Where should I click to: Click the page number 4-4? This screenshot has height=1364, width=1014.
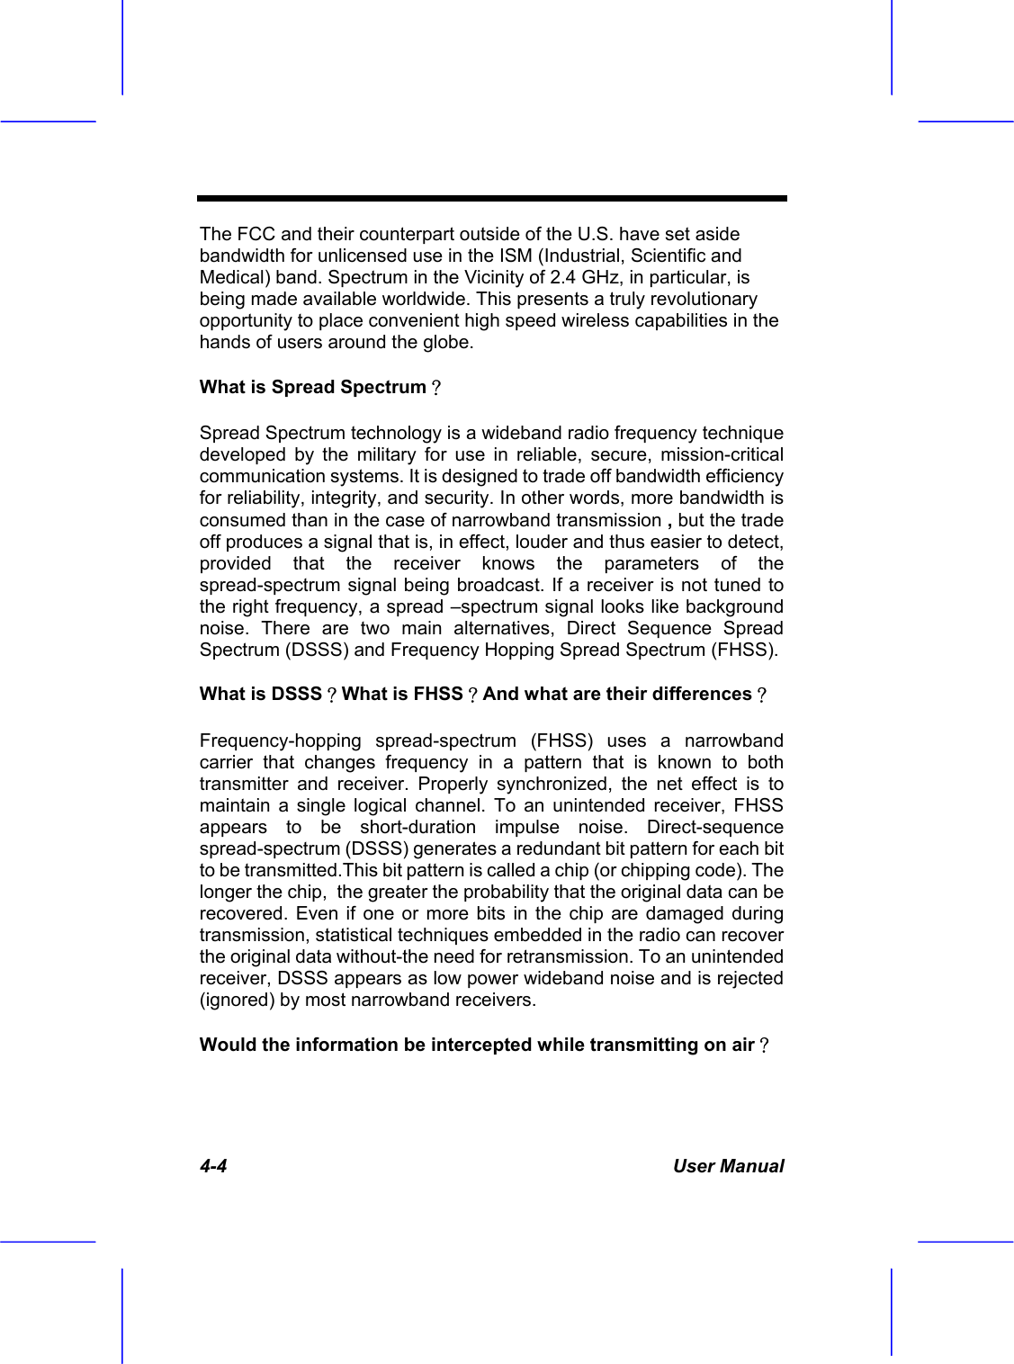tap(213, 1167)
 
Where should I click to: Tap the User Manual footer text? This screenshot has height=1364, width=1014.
tap(729, 1167)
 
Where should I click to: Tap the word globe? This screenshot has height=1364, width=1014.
tap(447, 342)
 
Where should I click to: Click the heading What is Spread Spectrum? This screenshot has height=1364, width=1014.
tap(313, 388)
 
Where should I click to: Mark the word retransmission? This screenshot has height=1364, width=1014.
tap(565, 957)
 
